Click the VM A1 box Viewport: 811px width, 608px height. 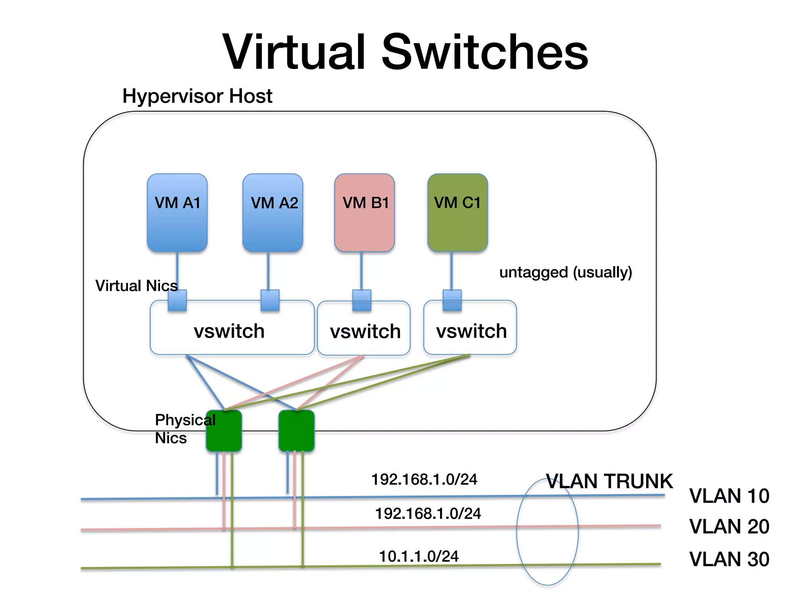[177, 213]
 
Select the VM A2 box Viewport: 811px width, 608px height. [273, 213]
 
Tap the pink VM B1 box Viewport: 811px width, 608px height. [364, 213]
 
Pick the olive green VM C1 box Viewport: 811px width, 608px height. [457, 213]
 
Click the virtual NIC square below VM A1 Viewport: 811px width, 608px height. [177, 300]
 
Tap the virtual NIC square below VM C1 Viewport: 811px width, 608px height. [452, 300]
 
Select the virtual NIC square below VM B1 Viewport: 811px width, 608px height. [362, 300]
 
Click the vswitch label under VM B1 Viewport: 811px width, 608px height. [365, 331]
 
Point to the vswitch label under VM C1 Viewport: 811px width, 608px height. [471, 331]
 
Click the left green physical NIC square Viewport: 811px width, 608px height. [224, 431]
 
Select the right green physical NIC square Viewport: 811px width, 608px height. [297, 431]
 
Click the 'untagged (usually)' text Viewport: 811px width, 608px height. [565, 272]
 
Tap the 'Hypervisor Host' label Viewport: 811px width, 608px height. [197, 96]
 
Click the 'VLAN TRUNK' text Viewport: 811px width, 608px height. [609, 481]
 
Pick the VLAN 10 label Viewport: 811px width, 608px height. [729, 496]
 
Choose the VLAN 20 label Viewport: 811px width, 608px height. [729, 526]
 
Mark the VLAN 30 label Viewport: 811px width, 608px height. [729, 559]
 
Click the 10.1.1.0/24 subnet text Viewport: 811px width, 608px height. [419, 556]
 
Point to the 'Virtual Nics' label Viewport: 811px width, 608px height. [136, 286]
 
